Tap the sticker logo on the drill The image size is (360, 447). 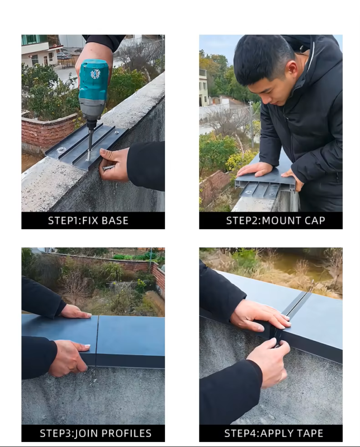click(95, 74)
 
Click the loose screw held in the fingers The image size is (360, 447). click(108, 167)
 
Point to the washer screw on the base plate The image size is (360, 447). click(60, 149)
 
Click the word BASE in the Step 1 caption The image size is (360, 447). click(115, 221)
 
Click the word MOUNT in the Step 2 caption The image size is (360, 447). click(281, 221)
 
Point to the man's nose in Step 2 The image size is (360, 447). click(264, 101)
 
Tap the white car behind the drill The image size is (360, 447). click(63, 55)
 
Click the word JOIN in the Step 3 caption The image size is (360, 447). click(87, 434)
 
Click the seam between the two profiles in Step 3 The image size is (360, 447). click(97, 341)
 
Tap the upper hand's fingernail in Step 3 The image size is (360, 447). click(89, 315)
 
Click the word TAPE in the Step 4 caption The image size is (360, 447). click(309, 434)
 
